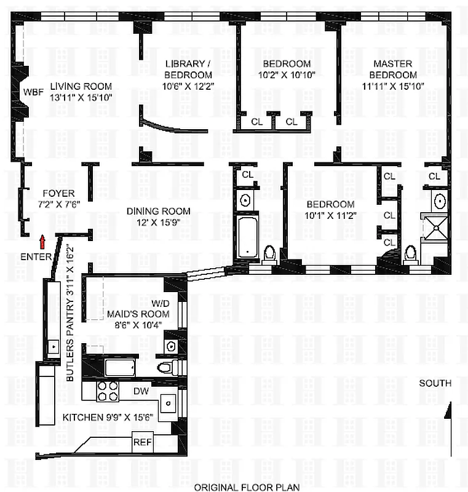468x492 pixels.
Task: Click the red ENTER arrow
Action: click(x=42, y=240)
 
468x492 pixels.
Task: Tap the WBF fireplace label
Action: click(x=33, y=92)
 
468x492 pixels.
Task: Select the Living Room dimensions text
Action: click(x=82, y=97)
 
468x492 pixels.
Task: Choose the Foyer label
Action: click(x=58, y=193)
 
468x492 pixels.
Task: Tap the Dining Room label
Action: click(x=156, y=211)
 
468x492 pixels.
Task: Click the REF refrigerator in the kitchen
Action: click(x=142, y=442)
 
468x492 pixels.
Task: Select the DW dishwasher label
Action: click(x=141, y=391)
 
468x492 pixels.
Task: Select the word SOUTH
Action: click(x=435, y=383)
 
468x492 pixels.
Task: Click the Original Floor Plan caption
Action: click(x=247, y=487)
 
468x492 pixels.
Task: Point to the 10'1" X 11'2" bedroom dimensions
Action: click(x=330, y=215)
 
